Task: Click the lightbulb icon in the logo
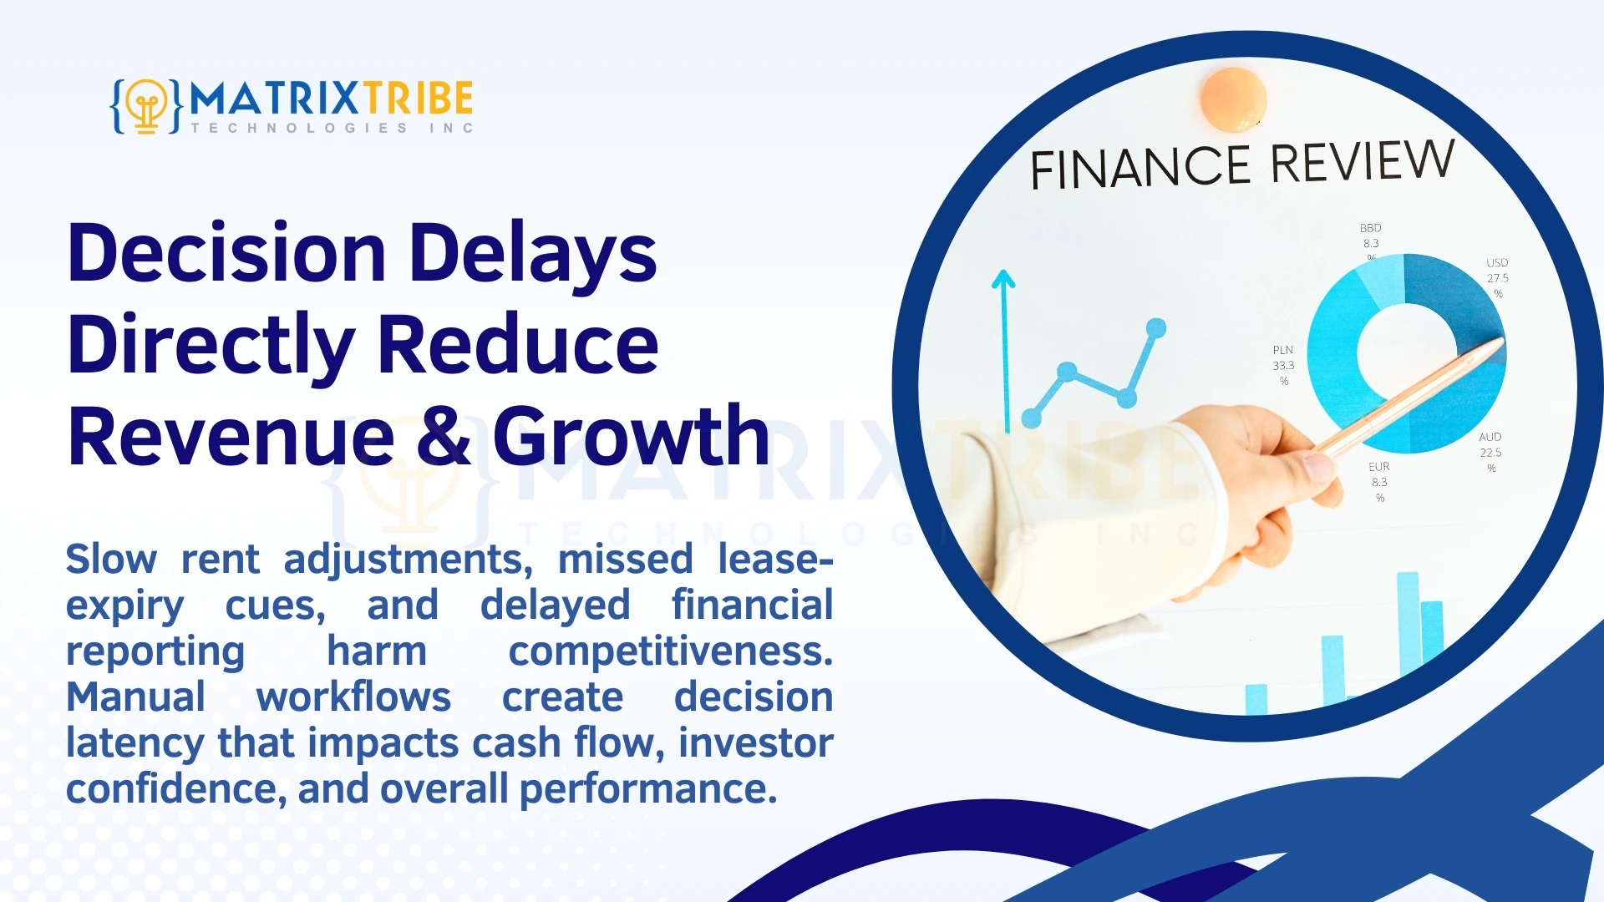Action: tap(147, 106)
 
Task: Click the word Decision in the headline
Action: tap(226, 253)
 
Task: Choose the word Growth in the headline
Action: tap(631, 436)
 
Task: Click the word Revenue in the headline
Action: tap(231, 436)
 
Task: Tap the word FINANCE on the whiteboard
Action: tap(1140, 167)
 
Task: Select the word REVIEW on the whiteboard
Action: tap(1363, 160)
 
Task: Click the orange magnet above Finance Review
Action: tap(1233, 99)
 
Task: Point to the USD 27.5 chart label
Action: tap(1497, 277)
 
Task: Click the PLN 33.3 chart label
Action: tap(1283, 365)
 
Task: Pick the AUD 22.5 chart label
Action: tap(1490, 452)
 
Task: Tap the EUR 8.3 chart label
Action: tap(1379, 482)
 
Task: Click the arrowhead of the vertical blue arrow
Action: tap(1003, 279)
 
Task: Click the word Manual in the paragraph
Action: tap(135, 697)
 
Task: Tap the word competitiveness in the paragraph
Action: tap(670, 651)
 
